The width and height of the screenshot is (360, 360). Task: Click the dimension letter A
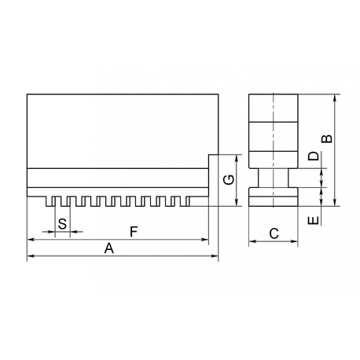click(x=109, y=248)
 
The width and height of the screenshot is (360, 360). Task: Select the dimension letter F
click(x=134, y=232)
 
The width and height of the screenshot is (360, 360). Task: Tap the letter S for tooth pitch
click(x=62, y=224)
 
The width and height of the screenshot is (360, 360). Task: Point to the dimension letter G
click(x=229, y=180)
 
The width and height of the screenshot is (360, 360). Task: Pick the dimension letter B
click(x=327, y=138)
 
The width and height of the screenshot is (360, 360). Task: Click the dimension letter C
click(x=274, y=233)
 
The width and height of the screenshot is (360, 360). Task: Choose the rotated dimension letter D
click(x=314, y=156)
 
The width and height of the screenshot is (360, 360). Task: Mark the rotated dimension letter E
click(x=314, y=220)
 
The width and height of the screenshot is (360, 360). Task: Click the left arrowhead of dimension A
click(x=31, y=255)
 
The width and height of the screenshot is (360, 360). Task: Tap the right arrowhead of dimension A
click(x=215, y=255)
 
